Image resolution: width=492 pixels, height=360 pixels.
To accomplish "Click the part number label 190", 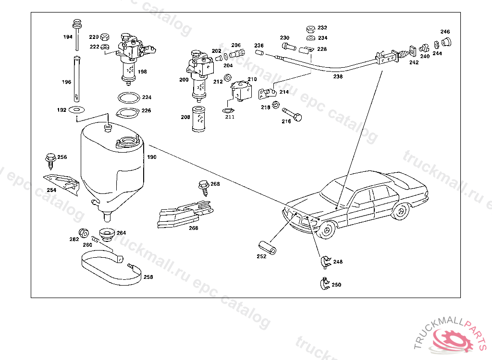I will [152, 157].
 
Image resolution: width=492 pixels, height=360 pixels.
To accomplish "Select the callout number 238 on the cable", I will [338, 76].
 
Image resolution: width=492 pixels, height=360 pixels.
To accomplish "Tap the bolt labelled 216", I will [292, 114].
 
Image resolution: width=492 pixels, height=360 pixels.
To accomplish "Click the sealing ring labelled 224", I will [128, 97].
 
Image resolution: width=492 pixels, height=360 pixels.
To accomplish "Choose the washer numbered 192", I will [75, 110].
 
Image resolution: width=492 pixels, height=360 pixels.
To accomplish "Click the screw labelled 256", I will [50, 159].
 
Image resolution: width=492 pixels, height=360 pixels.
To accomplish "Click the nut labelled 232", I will [310, 28].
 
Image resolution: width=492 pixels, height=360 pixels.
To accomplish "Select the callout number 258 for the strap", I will [148, 277].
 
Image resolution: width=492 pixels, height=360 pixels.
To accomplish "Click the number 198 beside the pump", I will [142, 72].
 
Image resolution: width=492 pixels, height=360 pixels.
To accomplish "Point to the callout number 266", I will [193, 228].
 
